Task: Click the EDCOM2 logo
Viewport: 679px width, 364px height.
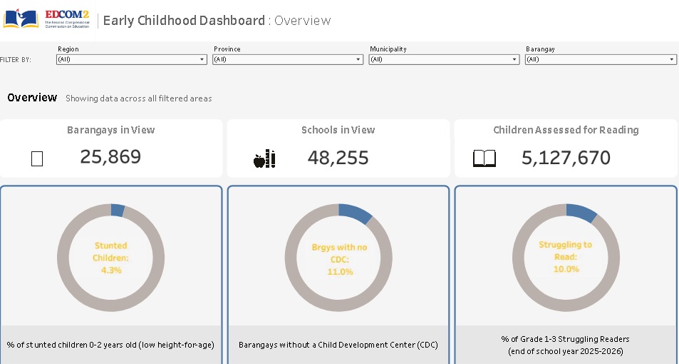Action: (46, 19)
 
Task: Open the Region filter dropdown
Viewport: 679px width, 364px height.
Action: (132, 59)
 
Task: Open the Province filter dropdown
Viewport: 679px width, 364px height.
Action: (288, 59)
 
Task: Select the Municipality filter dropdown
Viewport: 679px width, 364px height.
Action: (444, 59)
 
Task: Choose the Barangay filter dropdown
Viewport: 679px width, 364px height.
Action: (601, 59)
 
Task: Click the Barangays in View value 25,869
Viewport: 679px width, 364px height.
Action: (110, 156)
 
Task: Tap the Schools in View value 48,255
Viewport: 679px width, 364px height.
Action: (338, 158)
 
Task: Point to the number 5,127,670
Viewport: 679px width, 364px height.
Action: (566, 158)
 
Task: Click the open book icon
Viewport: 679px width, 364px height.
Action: (484, 158)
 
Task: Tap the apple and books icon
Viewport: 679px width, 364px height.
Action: (264, 158)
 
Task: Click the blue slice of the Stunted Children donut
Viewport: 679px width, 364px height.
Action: (118, 211)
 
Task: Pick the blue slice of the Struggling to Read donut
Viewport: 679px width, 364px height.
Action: (581, 213)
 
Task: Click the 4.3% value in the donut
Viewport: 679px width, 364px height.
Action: (111, 271)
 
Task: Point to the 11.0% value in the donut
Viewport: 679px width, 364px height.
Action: (340, 272)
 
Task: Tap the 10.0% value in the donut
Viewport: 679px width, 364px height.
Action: (566, 269)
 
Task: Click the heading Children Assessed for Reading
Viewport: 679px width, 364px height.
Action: (566, 130)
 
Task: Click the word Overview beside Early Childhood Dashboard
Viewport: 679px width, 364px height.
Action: (303, 21)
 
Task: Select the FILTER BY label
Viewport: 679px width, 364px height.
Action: (16, 60)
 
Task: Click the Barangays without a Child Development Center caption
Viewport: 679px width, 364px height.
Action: (338, 345)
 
